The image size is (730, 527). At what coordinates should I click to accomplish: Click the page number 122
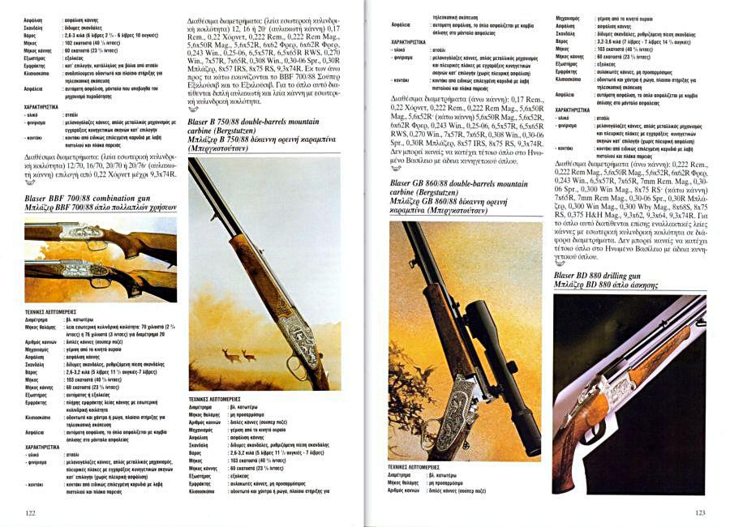pos(30,512)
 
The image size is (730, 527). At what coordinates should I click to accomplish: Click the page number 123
pos(700,512)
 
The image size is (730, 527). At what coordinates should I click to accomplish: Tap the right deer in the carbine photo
pos(248,356)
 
